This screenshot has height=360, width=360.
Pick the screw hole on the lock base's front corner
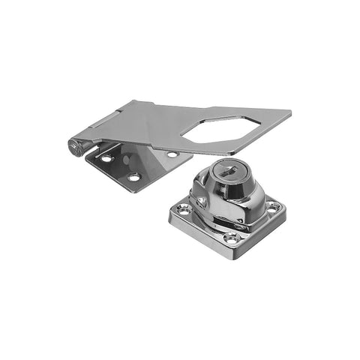pos(231,237)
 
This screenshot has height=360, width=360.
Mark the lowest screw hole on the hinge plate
pos(133,177)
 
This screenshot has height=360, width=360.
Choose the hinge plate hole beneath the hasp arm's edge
pos(172,154)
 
